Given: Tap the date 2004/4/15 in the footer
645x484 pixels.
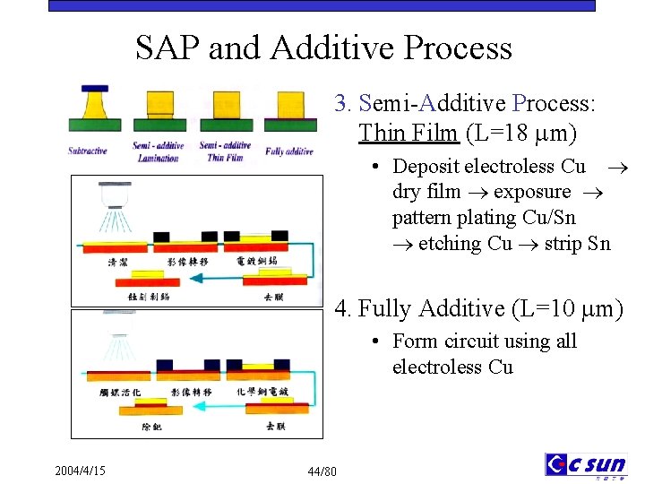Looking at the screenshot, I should [x=80, y=470].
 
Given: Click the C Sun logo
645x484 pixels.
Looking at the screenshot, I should [x=586, y=465].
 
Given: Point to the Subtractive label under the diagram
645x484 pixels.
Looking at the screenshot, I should [x=88, y=151].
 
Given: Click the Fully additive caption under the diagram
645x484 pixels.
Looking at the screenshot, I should [x=289, y=151].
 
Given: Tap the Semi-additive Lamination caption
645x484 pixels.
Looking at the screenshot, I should [x=158, y=151].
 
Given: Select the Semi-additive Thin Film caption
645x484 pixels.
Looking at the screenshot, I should [x=224, y=151].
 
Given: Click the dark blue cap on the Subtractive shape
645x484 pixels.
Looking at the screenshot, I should [x=94, y=89].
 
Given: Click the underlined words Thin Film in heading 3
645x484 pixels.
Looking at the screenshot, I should [x=408, y=134].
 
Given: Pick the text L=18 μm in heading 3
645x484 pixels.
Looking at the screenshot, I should [x=520, y=134].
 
